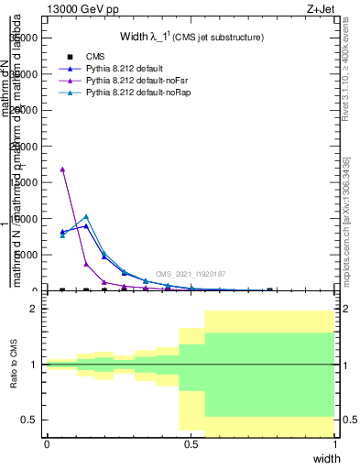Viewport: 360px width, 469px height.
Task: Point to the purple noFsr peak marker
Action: coord(62,169)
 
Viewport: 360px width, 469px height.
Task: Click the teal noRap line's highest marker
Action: coord(86,216)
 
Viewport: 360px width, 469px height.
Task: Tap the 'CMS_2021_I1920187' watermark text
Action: coord(191,274)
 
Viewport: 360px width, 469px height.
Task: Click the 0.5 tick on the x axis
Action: coord(191,444)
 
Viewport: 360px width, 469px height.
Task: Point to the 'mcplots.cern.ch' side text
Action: coord(345,247)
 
